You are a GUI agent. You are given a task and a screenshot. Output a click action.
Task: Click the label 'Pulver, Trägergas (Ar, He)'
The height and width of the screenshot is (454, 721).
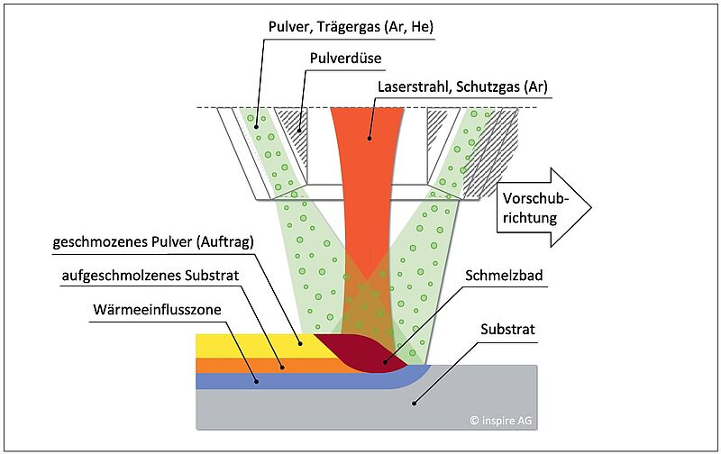tap(351, 28)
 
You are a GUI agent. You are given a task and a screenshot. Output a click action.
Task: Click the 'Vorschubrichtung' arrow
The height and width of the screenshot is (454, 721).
tap(541, 206)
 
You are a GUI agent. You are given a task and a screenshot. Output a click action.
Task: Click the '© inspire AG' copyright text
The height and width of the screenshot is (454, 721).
tap(502, 420)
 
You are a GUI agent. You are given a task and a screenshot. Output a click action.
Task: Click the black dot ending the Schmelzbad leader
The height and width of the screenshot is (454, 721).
tap(386, 362)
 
